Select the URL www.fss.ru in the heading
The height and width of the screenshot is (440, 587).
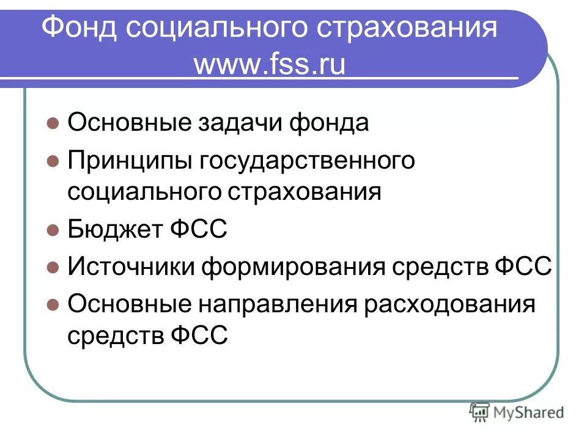270,64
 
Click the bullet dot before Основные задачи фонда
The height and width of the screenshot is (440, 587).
53,123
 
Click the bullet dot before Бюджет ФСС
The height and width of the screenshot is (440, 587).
53,230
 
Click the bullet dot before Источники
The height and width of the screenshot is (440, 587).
53,267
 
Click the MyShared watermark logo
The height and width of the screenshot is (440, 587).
517,412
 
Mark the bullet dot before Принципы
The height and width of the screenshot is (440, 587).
53,161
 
